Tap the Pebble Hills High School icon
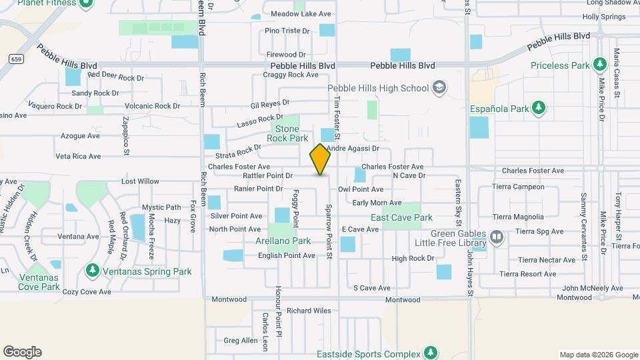coord(439,88)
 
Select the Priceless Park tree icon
coord(599,65)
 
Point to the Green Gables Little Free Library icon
coord(497,237)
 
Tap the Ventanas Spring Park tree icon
coord(93,271)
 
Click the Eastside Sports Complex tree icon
coord(431,353)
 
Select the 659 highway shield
coord(15,59)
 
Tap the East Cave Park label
coord(401,217)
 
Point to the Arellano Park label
coord(283,241)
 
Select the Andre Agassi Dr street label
coord(353,149)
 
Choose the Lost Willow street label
coord(140,181)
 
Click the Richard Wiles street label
coord(309,311)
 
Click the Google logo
coord(22,352)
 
